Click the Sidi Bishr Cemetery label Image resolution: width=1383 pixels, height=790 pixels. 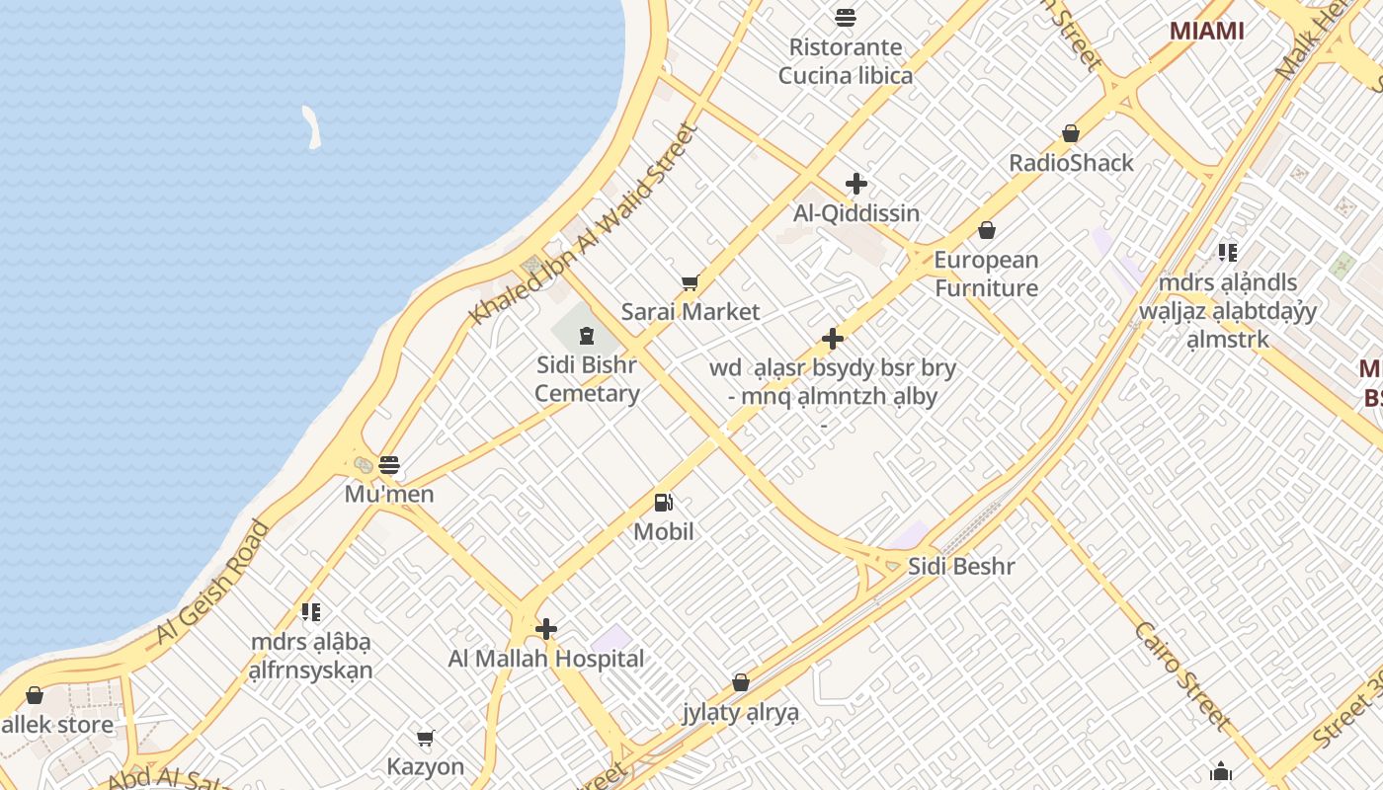(587, 379)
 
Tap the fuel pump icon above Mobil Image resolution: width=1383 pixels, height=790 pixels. (664, 503)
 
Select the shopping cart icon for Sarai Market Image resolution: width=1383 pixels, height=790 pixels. (690, 283)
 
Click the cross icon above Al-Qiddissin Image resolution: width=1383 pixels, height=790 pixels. (856, 184)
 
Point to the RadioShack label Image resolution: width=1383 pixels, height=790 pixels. (1071, 163)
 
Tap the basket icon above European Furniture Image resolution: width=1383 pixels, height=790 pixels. (986, 231)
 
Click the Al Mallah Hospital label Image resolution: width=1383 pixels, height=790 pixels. (546, 659)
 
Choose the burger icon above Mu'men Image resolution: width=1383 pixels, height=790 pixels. (389, 464)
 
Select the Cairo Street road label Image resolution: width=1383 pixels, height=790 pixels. (1182, 676)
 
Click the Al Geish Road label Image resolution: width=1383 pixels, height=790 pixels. (212, 583)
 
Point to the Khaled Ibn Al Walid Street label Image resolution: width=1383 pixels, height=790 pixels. (585, 224)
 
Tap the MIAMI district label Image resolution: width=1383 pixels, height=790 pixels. (1206, 31)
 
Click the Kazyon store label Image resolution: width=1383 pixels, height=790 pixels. (425, 766)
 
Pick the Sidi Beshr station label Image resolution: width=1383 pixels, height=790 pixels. (961, 567)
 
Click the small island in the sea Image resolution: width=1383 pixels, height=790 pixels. (312, 127)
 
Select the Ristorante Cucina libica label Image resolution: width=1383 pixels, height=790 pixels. (845, 61)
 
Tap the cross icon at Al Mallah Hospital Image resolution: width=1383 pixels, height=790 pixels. (546, 629)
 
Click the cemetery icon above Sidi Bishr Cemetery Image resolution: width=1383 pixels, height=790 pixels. (587, 334)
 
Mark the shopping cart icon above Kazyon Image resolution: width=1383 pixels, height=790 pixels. (426, 738)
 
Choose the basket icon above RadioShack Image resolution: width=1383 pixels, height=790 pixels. (1070, 133)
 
